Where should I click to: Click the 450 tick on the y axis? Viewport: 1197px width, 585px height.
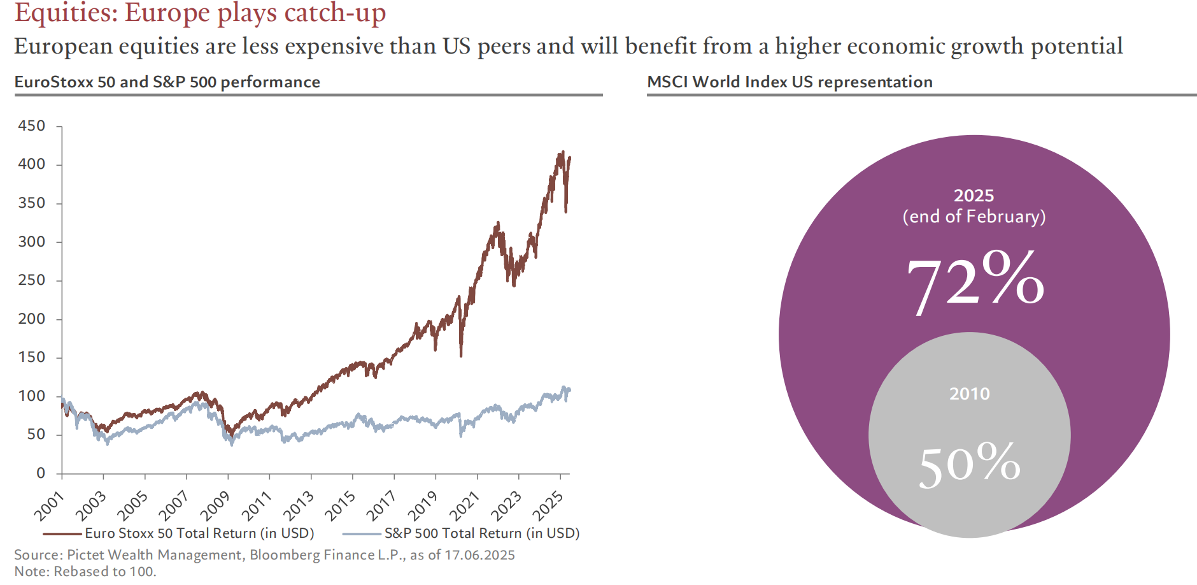pos(32,126)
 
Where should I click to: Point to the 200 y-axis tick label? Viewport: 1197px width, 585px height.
pos(32,319)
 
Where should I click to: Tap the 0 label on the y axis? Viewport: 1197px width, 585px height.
pos(41,473)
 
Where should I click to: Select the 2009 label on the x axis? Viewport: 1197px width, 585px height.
pos(215,506)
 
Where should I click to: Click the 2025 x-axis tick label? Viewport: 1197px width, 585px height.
pos(548,506)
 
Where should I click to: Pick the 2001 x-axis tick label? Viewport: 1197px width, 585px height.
pos(48,506)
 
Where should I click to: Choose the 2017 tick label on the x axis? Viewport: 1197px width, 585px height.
pos(381,506)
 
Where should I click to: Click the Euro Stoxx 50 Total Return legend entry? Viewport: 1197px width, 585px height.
pos(199,533)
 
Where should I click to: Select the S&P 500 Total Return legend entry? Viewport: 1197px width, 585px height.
pos(481,533)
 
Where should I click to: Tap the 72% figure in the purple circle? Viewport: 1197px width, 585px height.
pos(975,282)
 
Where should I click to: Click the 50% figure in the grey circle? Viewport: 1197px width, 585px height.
pos(969,464)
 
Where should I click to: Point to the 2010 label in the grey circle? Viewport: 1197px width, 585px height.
pos(969,394)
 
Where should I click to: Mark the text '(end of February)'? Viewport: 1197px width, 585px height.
pos(974,217)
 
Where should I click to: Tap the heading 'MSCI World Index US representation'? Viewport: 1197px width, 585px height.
pos(790,82)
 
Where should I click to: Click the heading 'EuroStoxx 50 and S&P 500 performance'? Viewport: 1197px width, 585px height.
pos(167,82)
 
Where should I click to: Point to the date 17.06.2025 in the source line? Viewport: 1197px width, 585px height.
pos(479,555)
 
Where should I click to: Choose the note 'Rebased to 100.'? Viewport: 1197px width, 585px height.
pos(104,572)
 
